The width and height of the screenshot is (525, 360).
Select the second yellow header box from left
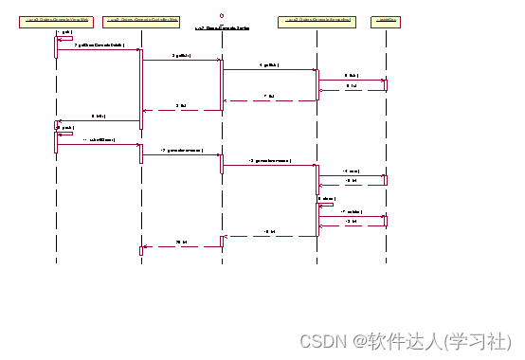141,19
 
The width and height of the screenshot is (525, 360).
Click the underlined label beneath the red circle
222,28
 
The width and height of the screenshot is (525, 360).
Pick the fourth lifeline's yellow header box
317,19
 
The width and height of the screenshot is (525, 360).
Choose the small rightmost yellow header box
385,19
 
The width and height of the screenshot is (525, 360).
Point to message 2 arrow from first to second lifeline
99,49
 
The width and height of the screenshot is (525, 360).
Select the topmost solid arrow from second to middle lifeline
181,60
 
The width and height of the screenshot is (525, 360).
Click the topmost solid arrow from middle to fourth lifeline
269,69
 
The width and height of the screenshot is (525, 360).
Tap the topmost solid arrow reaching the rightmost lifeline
352,80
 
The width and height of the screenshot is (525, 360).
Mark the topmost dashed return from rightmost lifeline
352,91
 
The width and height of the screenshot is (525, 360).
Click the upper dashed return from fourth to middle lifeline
269,100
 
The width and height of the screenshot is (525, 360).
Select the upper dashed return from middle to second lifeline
181,110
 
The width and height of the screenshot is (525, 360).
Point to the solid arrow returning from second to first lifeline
99,120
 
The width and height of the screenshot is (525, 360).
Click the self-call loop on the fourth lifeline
325,203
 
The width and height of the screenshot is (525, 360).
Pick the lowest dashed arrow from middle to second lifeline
181,246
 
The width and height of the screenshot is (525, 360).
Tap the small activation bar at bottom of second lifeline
141,250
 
